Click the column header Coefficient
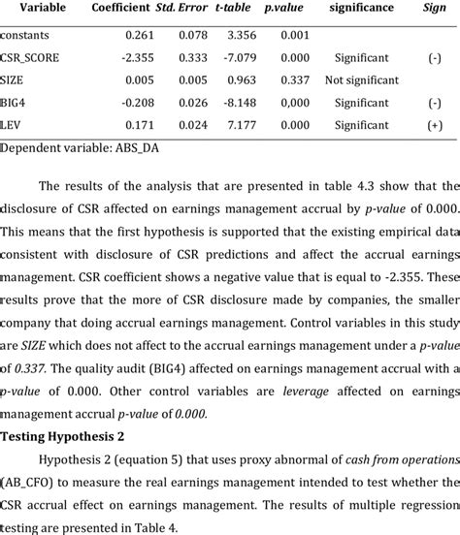click(120, 8)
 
